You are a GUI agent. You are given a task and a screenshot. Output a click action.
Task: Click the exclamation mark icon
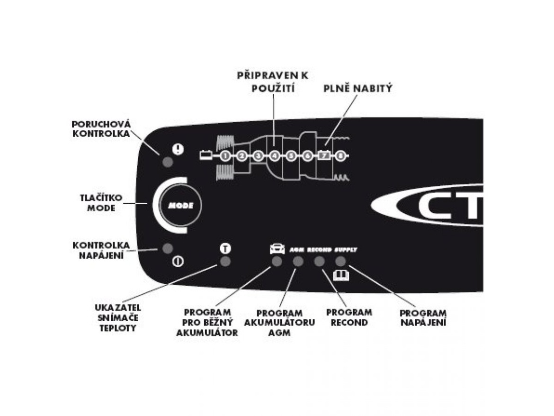click(x=178, y=149)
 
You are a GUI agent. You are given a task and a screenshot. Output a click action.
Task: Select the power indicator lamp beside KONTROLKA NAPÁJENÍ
click(x=167, y=248)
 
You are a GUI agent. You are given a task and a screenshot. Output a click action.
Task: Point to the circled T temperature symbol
click(x=225, y=248)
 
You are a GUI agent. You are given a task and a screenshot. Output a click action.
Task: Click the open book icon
click(x=340, y=275)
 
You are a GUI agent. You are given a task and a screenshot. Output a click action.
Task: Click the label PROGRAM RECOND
click(x=349, y=317)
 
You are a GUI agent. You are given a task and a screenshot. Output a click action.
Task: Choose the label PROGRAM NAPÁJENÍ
click(x=423, y=317)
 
